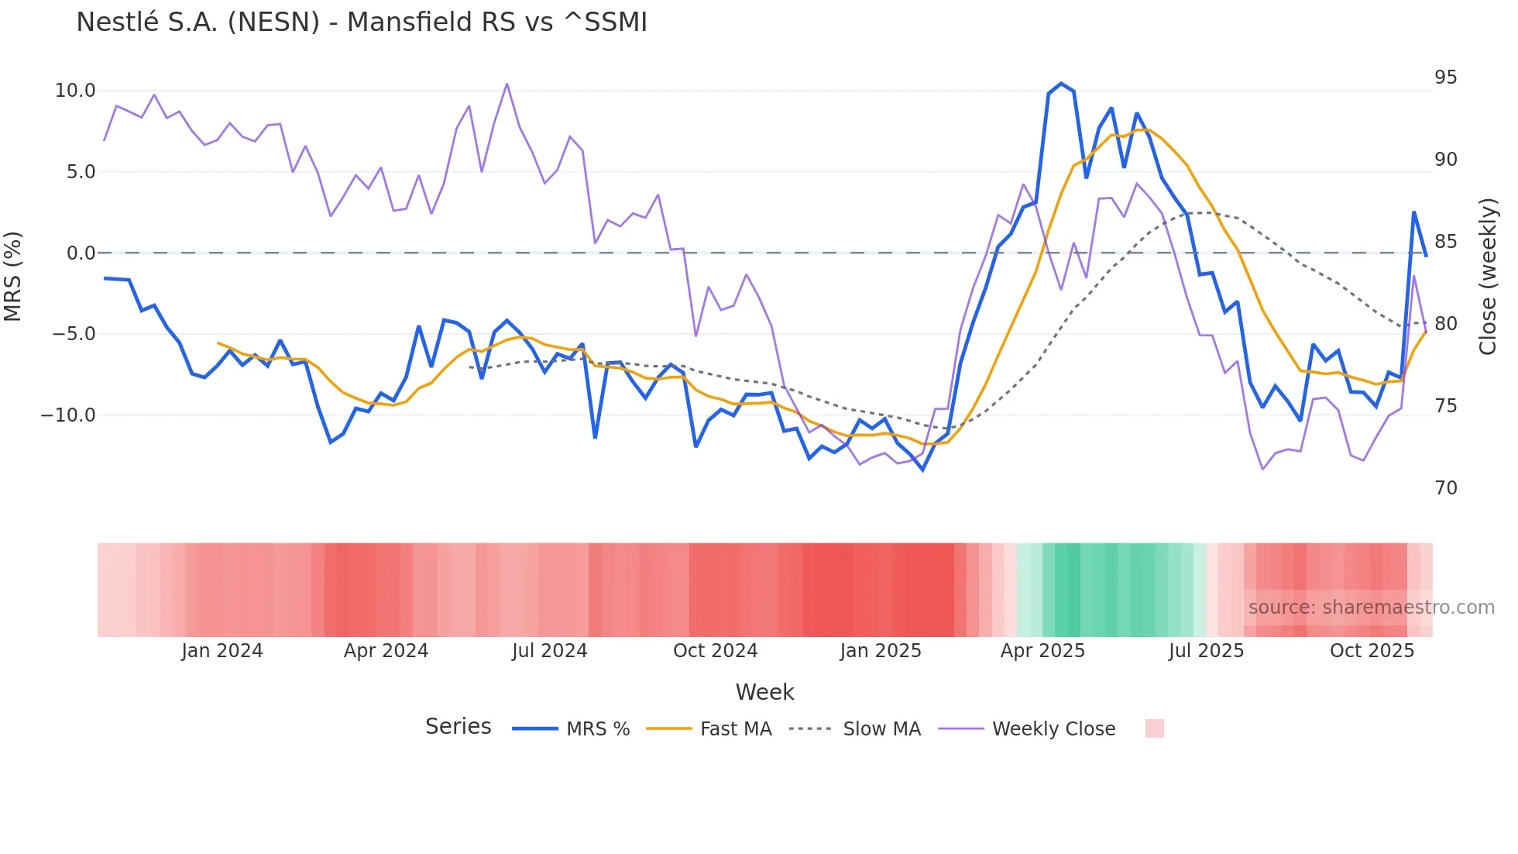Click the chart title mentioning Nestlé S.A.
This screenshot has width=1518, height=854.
tap(361, 22)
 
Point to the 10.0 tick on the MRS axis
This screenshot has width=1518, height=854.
tap(75, 91)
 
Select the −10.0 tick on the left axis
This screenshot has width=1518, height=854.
tap(68, 415)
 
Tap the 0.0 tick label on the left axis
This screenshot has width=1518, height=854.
tap(81, 253)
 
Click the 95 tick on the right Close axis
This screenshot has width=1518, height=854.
tap(1445, 77)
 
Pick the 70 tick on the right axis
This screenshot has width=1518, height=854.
tap(1445, 487)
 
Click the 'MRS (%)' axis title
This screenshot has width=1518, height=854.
tap(13, 276)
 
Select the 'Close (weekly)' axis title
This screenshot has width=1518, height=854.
tap(1487, 276)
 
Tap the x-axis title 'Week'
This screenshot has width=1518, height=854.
tap(764, 692)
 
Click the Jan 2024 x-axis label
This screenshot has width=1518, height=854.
tap(222, 651)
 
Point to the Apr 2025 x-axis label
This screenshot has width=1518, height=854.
tap(1042, 651)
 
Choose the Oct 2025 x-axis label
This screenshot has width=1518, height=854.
tap(1372, 651)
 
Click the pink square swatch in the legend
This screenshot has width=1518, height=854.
tap(1154, 728)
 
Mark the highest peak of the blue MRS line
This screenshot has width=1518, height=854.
tap(1061, 84)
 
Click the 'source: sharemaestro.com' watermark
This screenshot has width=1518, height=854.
tap(1371, 608)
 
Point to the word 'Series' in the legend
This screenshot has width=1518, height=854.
tap(458, 727)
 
